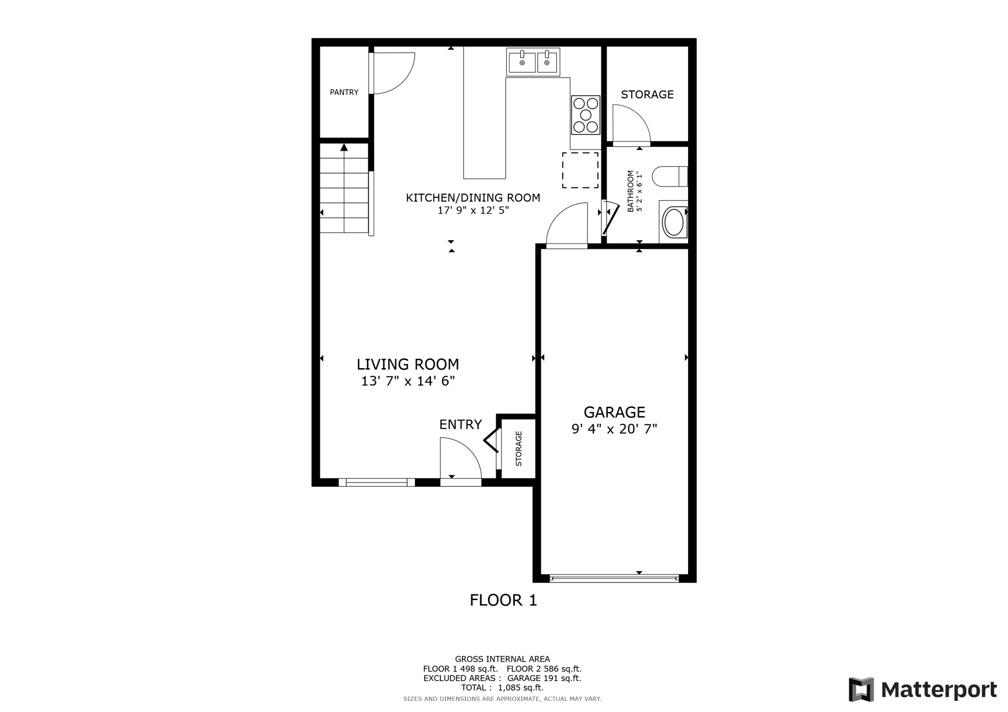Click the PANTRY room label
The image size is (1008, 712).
coord(344,92)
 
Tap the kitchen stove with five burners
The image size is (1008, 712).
coord(586,115)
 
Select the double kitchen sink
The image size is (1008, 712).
coord(533,62)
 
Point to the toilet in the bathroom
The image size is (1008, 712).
coord(669,176)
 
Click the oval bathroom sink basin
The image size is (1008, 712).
coord(673,222)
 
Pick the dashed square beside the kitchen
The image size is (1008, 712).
coord(580,170)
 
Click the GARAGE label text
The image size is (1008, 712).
coord(614,412)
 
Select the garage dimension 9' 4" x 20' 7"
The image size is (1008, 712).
coord(614,429)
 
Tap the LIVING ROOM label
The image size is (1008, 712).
coord(408,364)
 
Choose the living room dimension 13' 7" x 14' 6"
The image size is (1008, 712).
coord(408,381)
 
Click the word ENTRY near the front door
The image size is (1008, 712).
coord(460,425)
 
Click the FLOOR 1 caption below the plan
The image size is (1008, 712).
coord(503,601)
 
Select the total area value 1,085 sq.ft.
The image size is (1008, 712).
coord(520,688)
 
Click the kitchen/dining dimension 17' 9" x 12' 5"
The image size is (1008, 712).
coord(473,211)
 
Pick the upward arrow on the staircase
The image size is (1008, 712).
coord(344,148)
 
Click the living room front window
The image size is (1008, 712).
coord(377,482)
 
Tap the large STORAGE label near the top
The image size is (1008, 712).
coord(647,94)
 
